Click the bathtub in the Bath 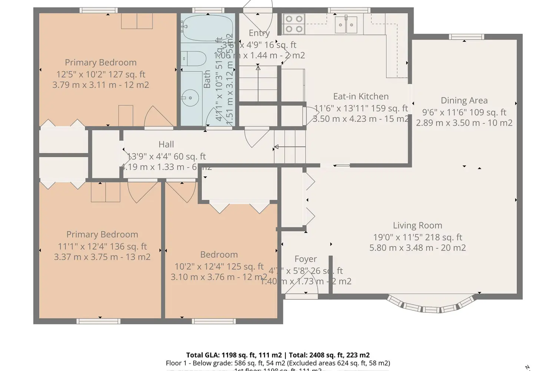click(x=208, y=28)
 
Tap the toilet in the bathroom click(x=194, y=58)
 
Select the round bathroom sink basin click(x=190, y=98)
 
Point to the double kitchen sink click(x=346, y=25)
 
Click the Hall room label click(x=166, y=144)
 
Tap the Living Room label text click(x=417, y=226)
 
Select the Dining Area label click(x=464, y=101)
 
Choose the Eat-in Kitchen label click(x=361, y=96)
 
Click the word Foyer click(x=305, y=259)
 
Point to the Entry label click(x=259, y=33)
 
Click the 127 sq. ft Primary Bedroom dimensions click(x=101, y=74)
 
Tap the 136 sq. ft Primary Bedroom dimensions click(x=102, y=246)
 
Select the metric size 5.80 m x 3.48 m click(x=417, y=248)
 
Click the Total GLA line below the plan click(x=278, y=355)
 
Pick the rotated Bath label click(x=207, y=79)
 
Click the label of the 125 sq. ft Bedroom click(x=219, y=255)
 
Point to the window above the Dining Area click(x=466, y=37)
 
